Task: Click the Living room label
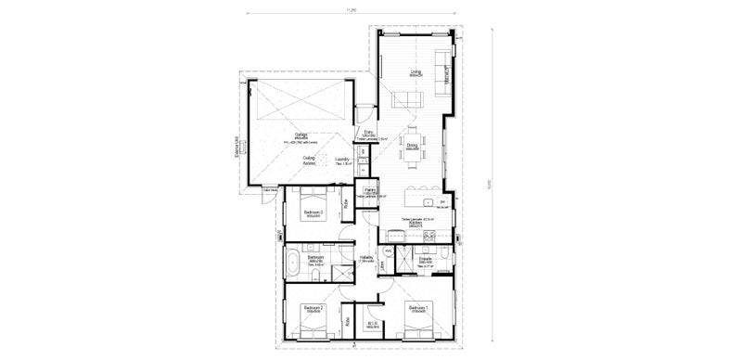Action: pos(416,71)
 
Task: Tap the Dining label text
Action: pos(412,145)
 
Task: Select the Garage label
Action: pos(301,134)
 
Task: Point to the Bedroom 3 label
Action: pos(313,213)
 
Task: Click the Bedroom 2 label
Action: pos(313,306)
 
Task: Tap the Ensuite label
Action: pos(428,260)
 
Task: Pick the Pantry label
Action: pos(369,190)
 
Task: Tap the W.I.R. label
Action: pos(369,322)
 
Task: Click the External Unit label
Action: pos(238,148)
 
